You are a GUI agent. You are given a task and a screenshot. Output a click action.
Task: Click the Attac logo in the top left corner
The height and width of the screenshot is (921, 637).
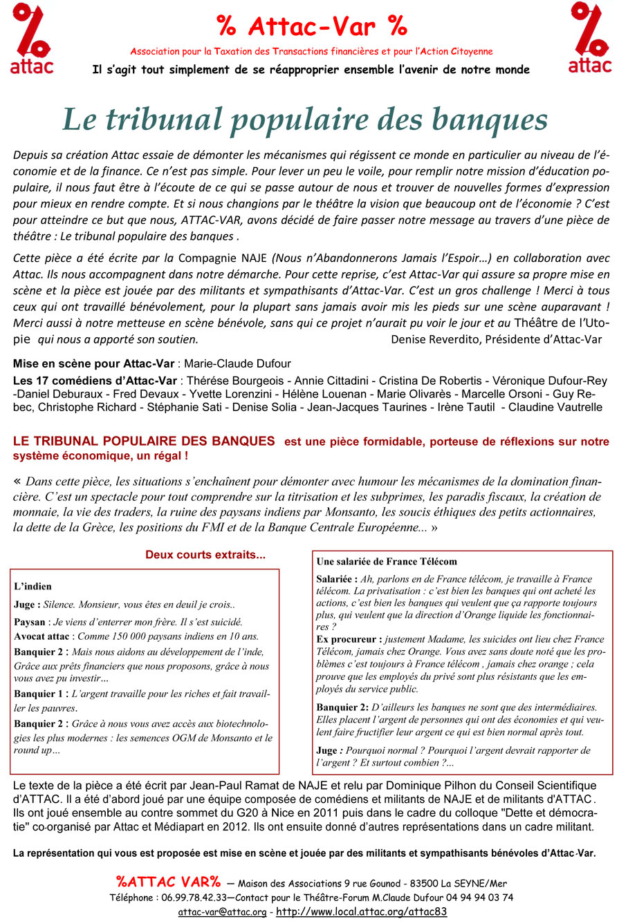32,38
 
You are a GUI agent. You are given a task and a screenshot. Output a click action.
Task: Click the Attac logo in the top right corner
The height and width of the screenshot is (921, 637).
590,38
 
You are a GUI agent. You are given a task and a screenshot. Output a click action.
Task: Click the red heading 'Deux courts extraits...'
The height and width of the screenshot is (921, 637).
205,555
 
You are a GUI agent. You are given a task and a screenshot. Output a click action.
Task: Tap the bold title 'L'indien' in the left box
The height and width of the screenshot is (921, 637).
33,587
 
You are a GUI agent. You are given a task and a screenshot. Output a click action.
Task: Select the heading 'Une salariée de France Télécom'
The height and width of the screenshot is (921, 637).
387,562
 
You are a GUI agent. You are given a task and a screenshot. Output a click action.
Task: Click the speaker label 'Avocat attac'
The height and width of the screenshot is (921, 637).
43,636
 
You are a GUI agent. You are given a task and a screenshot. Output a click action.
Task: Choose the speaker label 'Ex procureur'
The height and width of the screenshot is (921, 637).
348,640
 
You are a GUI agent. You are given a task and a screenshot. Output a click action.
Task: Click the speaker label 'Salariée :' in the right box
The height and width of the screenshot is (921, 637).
336,579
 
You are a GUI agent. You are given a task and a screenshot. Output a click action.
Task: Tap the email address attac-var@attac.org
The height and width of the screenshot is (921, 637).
222,912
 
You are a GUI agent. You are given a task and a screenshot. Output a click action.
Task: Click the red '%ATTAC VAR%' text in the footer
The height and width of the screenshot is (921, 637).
168,882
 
